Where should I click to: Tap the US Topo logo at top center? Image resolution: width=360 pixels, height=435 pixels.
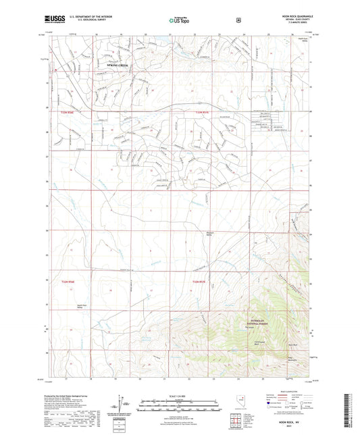[179, 20]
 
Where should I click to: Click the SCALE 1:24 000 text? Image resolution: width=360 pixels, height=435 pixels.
[178, 394]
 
